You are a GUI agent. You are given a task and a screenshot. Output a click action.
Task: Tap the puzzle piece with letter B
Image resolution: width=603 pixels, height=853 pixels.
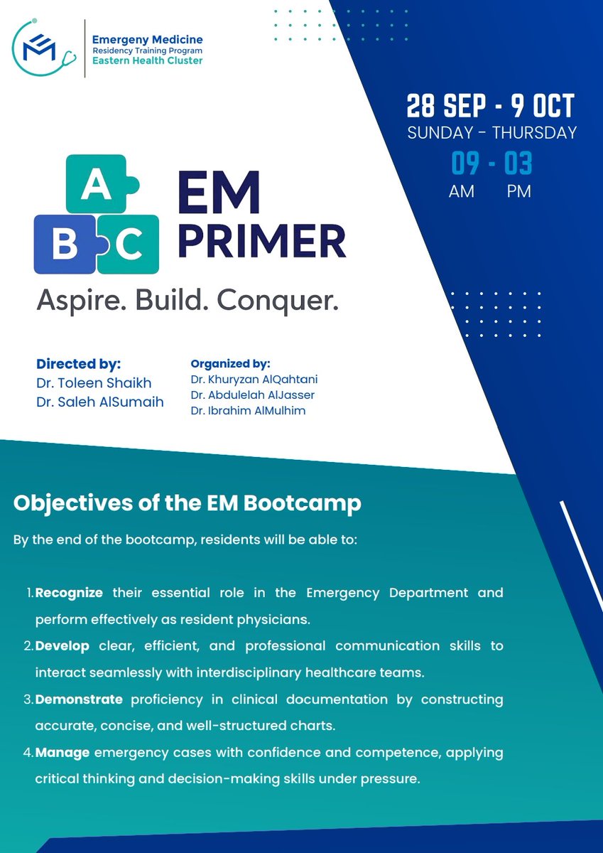pos(65,245)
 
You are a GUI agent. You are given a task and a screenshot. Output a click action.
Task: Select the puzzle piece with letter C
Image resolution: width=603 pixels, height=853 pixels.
pos(129,245)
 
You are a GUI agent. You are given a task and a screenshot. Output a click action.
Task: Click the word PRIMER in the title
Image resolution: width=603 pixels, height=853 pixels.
pos(261,242)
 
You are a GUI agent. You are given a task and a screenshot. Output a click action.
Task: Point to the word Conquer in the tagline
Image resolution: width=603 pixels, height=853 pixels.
pos(278,301)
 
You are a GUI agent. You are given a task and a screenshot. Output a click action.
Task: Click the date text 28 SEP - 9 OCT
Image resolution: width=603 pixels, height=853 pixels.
pos(490,107)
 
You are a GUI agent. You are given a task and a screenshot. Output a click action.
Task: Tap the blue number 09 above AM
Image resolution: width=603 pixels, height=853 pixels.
pos(466,164)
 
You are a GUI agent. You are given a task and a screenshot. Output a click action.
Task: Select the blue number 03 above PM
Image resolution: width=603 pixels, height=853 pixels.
pos(518,164)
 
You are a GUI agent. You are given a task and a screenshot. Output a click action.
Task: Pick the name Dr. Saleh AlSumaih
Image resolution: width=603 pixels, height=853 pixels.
pos(99,402)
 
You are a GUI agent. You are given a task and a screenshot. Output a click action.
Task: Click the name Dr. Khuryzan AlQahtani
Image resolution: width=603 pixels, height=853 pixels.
pos(254,379)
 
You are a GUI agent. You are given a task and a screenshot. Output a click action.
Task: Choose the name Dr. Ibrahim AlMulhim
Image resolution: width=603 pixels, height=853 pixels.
pos(248,410)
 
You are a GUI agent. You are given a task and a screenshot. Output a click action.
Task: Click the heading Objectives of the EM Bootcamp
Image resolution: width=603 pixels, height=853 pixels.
pos(188,503)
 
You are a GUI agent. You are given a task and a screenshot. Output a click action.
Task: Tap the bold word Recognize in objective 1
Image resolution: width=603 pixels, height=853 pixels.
pos(69,592)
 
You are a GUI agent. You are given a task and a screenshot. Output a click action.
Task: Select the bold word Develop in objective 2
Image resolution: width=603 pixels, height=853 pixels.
pos(61,645)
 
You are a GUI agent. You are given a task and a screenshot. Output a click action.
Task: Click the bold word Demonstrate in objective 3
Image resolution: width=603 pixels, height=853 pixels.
pos(79,699)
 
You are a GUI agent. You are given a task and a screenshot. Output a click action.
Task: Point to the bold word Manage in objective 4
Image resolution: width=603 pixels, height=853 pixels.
pos(63,752)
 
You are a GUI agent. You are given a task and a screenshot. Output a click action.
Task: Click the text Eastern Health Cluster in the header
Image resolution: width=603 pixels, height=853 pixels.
pos(148,61)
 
